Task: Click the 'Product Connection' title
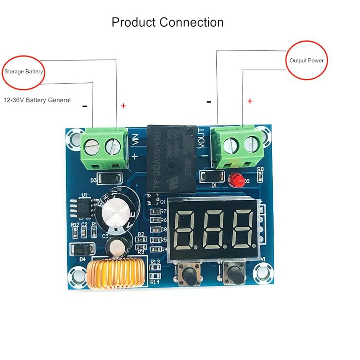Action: [167, 22]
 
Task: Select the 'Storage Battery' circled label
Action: [24, 72]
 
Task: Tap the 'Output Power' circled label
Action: [307, 60]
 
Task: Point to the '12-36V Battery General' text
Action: [37, 100]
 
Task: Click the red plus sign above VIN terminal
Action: [123, 106]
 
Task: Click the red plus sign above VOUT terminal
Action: [250, 101]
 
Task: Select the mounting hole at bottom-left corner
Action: [77, 276]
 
